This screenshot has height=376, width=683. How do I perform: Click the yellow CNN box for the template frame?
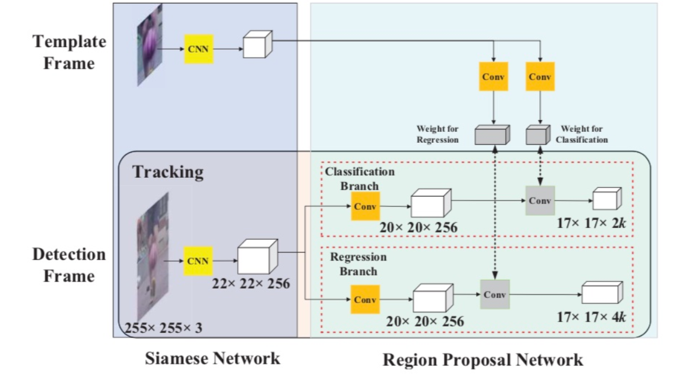click(x=199, y=49)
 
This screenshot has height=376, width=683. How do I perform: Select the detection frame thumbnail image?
click(x=153, y=256)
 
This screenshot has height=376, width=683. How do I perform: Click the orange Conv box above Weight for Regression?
click(x=494, y=76)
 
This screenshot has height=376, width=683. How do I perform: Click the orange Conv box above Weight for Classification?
click(x=540, y=76)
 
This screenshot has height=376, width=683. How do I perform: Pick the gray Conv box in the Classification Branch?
click(x=540, y=201)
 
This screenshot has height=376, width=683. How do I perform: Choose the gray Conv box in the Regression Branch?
click(x=495, y=294)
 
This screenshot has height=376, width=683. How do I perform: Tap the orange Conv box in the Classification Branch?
click(x=365, y=205)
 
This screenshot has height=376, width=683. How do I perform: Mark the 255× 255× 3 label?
click(x=164, y=328)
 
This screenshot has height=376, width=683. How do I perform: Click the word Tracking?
click(x=168, y=172)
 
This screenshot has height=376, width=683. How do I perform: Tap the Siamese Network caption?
click(x=212, y=358)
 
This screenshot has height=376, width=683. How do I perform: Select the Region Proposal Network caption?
click(x=483, y=360)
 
